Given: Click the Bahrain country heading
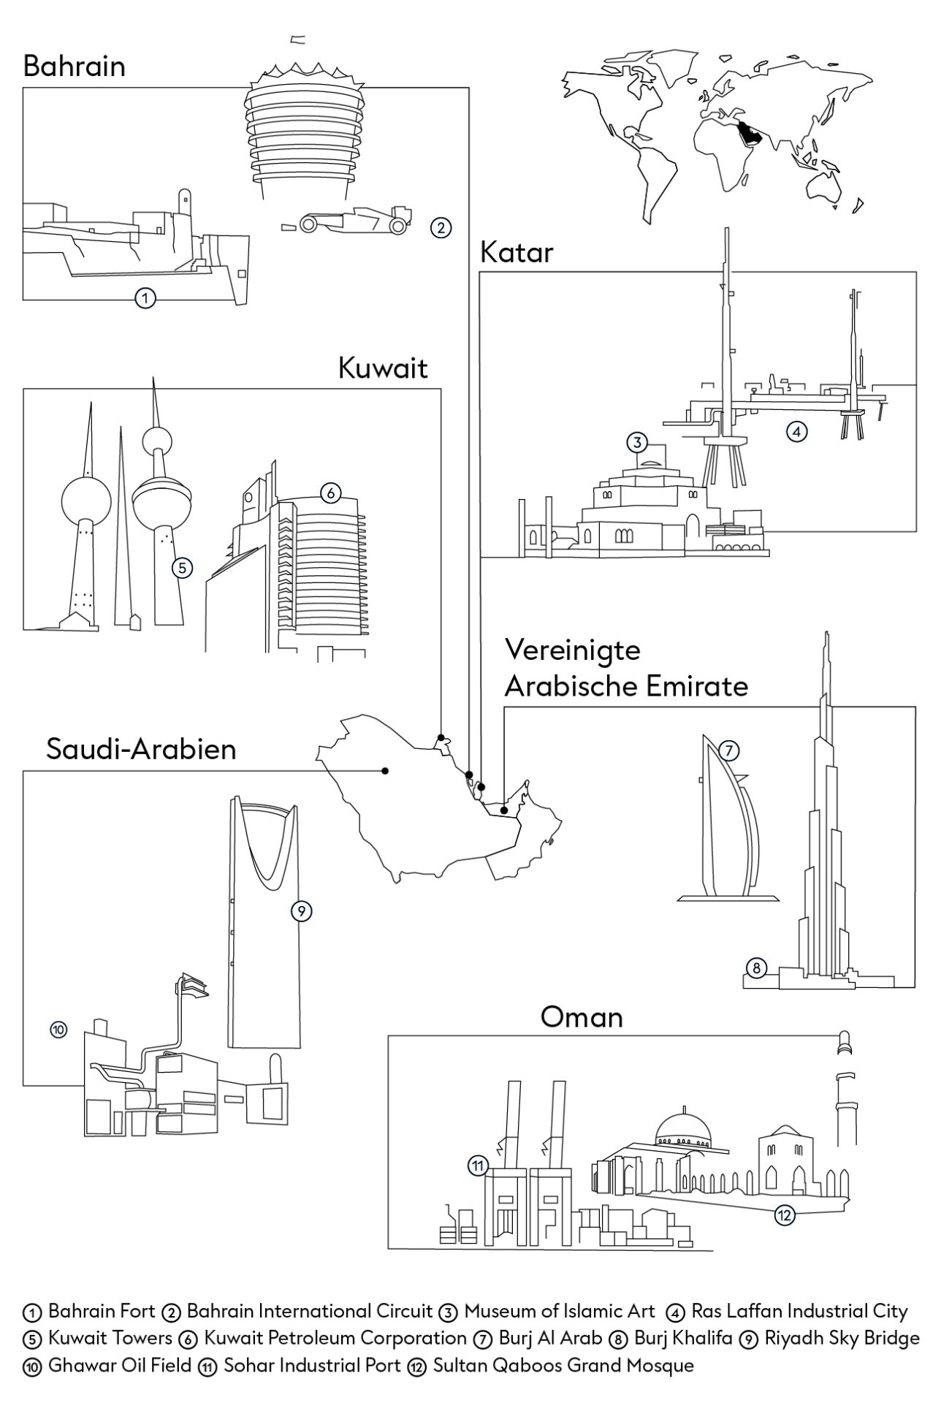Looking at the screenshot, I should pos(74,66).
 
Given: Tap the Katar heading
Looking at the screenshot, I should pos(517,253).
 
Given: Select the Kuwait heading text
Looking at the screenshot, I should pos(382,368).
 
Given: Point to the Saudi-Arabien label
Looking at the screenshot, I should pos(141,749).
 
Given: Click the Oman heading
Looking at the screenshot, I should pos(582,1016).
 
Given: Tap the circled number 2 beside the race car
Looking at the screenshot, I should pos(440,227).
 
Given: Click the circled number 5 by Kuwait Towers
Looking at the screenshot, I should pos(182,567).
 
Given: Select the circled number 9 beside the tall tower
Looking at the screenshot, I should pos(301,910).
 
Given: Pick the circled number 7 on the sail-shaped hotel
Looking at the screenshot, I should pos(729,750).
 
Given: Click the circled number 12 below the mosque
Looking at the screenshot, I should pos(784,1215).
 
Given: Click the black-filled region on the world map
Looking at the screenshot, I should pos(751,133).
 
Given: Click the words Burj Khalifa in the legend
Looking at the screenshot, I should pos(682,1338).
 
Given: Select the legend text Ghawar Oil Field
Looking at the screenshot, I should pos(120,1364).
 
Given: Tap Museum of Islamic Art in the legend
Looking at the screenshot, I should pos(560,1311).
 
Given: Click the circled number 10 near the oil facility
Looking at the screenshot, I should pos(58,1030).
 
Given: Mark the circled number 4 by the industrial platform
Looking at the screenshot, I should pos(796,431).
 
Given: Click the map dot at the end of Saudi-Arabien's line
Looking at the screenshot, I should pos(385,770).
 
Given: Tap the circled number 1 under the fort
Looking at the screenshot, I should pos(145,297).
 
